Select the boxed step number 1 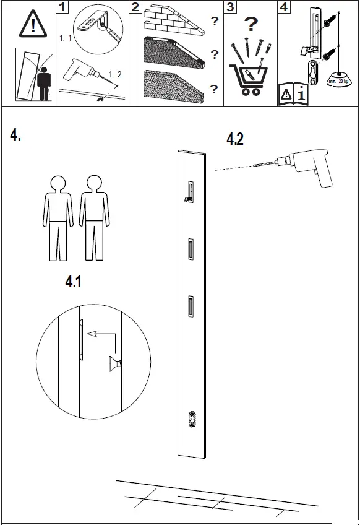click(62, 7)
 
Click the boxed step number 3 click(230, 7)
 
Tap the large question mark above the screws click(250, 25)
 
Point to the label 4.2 click(235, 140)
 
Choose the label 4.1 click(74, 282)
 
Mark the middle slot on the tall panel click(192, 249)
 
